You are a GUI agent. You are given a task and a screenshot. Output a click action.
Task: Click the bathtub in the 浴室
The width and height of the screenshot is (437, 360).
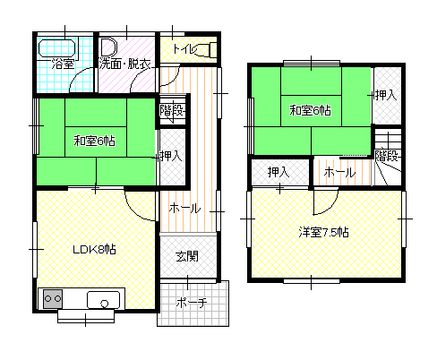point(57,47)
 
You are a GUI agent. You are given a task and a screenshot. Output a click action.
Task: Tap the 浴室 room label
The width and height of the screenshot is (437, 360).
point(63,64)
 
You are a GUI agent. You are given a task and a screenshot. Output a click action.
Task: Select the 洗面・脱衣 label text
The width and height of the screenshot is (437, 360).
point(124,64)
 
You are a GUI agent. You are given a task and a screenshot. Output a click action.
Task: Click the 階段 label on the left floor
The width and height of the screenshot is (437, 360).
point(171,110)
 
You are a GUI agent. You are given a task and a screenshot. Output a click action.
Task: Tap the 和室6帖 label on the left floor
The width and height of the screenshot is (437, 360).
point(94,141)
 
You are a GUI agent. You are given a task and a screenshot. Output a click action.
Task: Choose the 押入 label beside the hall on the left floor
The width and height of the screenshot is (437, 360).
point(171,156)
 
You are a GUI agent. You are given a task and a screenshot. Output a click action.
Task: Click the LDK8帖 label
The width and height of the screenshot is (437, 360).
point(94,249)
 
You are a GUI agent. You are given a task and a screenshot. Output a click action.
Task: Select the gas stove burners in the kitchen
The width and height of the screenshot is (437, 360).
point(53,298)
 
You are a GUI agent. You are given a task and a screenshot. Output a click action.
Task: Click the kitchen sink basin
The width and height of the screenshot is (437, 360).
point(103,300)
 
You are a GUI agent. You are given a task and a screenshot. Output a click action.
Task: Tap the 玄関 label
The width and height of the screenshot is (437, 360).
point(187,256)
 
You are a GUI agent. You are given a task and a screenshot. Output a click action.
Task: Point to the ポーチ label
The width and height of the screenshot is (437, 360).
point(192,303)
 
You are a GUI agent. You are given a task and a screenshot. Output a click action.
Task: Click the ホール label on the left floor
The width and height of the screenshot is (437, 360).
point(184,209)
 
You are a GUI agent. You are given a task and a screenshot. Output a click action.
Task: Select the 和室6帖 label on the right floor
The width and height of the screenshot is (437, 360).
point(310,110)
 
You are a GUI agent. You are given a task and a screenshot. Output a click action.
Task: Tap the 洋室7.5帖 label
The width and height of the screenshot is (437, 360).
point(323,232)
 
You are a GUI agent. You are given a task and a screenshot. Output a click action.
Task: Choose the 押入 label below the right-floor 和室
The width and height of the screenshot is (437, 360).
point(278,172)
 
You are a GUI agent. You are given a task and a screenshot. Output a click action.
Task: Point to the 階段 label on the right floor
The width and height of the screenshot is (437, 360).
point(386,156)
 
